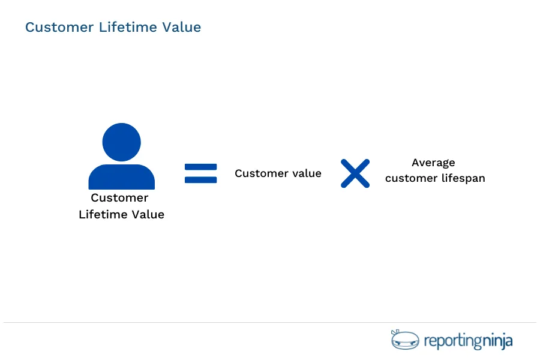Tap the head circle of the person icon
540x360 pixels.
(121, 142)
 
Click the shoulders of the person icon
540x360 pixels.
(121, 178)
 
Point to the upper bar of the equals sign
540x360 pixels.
(200, 167)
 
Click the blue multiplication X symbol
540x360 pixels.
(355, 173)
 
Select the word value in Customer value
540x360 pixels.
(307, 173)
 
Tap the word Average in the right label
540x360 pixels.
(433, 163)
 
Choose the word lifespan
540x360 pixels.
(463, 178)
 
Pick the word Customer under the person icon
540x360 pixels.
(119, 198)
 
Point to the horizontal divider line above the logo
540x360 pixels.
(270, 323)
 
